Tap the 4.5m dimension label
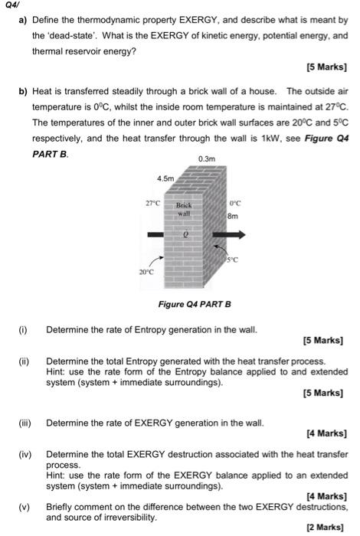pos(166,178)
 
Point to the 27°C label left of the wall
pos(152,204)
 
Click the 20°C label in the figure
pos(146,272)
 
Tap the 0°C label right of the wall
pos(235,204)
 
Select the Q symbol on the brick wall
pos(185,237)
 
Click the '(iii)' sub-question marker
pos(25,422)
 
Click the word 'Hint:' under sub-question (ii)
pos(57,370)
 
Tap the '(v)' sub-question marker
pos(25,506)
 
